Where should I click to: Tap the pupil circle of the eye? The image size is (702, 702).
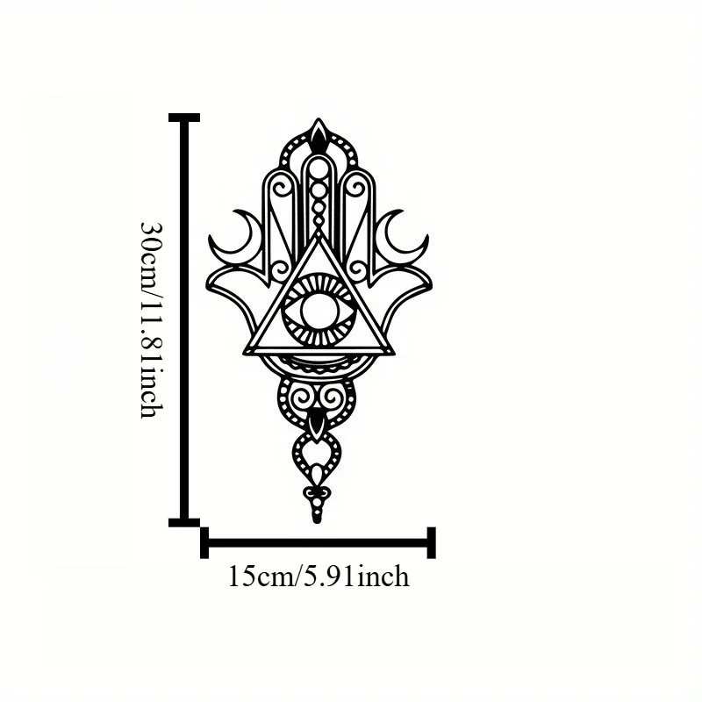coord(319,311)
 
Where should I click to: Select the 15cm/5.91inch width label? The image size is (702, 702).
coord(319,577)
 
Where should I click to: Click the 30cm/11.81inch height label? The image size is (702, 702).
coord(151,319)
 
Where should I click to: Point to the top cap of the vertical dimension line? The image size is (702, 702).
coord(184,118)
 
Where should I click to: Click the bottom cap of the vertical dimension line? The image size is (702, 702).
coord(184,522)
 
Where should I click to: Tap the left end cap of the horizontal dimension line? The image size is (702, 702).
coord(204,542)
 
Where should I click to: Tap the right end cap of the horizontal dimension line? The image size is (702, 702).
coord(431,542)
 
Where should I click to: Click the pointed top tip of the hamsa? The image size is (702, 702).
coord(319,119)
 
